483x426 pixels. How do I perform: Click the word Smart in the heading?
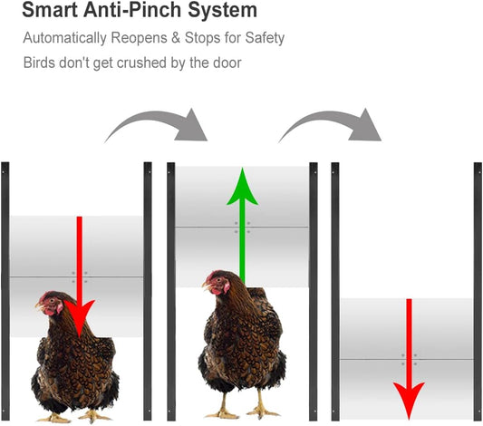(44, 12)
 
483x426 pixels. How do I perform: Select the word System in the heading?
(217, 12)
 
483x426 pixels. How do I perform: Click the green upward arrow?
(242, 222)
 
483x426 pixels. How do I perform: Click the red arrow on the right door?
(409, 353)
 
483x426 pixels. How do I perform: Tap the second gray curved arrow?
(331, 122)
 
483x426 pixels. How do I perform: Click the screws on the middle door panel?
(241, 227)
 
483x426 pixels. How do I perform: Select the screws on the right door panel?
(408, 359)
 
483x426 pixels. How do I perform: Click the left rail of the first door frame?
(6, 290)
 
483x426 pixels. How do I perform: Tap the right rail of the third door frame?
(476, 290)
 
